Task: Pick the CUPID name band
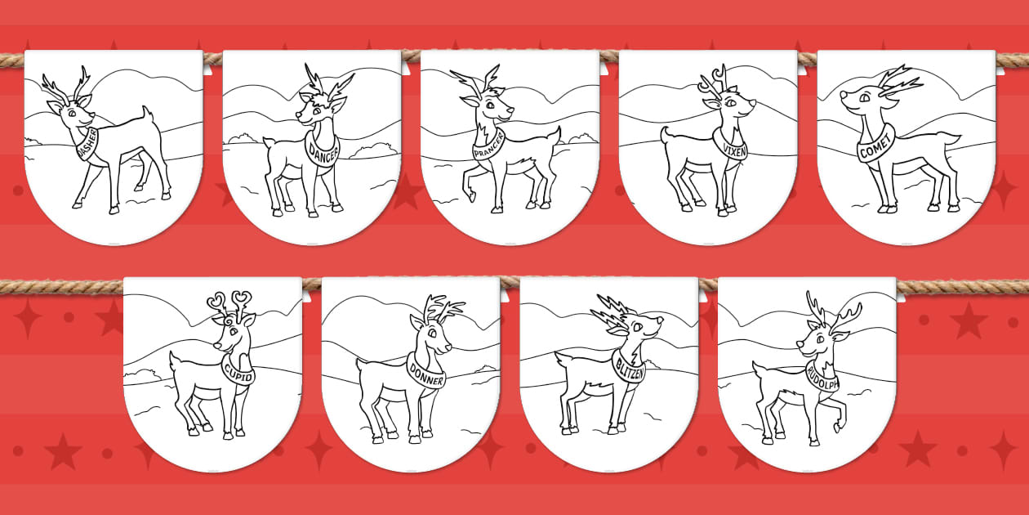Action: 238,373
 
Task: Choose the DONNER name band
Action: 426,374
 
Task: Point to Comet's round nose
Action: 844,95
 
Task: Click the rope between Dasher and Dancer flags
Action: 212,58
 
